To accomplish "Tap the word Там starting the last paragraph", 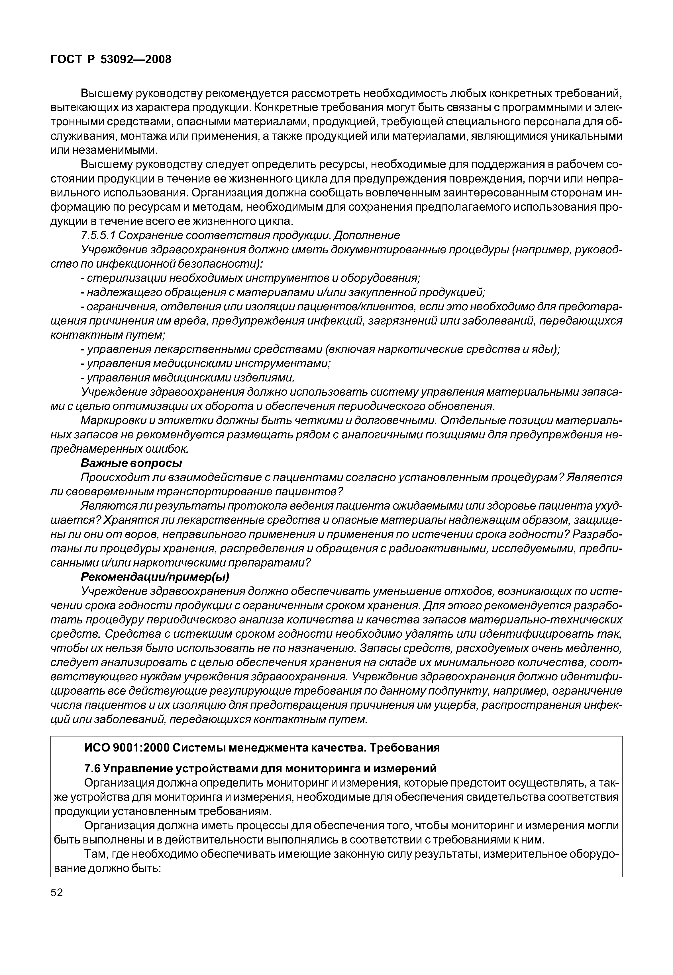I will pyautogui.click(x=95, y=854).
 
